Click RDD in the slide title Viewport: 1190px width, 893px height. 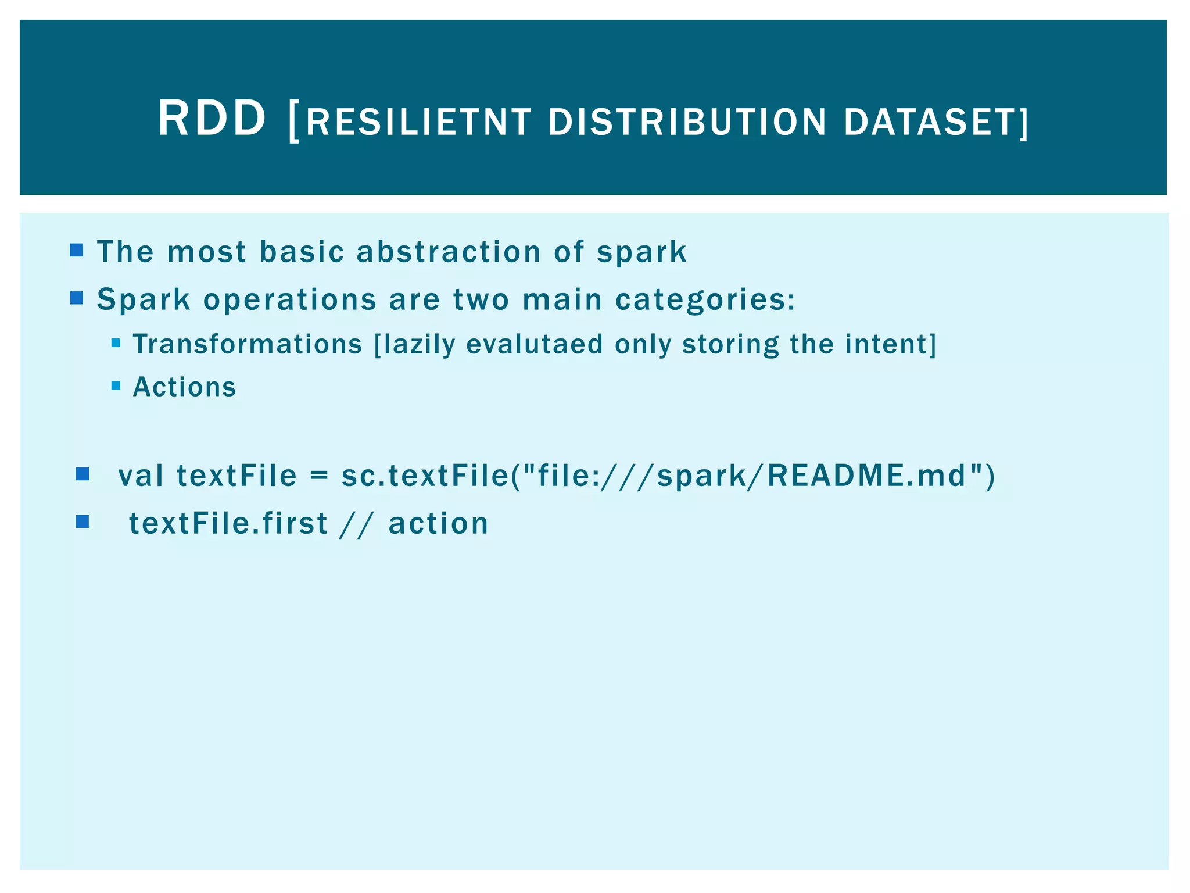(x=212, y=119)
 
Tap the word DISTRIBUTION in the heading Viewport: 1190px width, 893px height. (x=687, y=123)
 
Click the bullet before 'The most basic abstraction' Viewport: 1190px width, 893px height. (x=76, y=251)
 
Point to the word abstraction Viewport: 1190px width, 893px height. (x=449, y=252)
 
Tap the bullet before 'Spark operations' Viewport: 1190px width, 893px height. (x=76, y=298)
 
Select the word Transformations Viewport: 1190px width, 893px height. (x=248, y=344)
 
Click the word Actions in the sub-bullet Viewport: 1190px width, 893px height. (x=185, y=387)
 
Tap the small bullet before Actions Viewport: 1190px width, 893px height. (x=116, y=385)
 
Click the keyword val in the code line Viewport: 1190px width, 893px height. (x=141, y=476)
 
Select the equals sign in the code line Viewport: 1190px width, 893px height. (x=318, y=476)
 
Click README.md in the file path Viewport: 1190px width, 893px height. (x=866, y=476)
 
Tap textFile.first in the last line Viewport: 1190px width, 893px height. (x=228, y=523)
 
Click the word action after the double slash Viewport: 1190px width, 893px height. (x=438, y=523)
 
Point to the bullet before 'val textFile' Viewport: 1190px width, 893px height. (x=83, y=474)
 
